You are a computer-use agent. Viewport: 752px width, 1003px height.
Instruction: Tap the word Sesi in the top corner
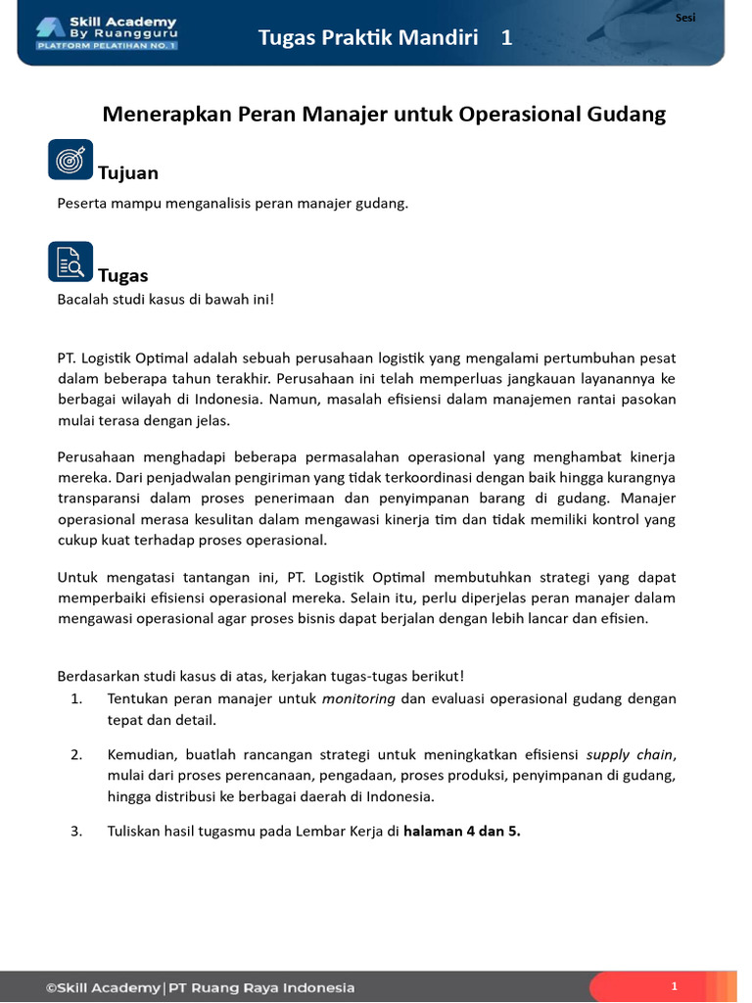pyautogui.click(x=685, y=18)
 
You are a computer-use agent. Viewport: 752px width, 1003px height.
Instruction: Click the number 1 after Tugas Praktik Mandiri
pyautogui.click(x=506, y=38)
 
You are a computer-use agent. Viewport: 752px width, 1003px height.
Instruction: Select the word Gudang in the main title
pyautogui.click(x=627, y=115)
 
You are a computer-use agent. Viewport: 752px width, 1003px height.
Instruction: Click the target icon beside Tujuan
pyautogui.click(x=70, y=159)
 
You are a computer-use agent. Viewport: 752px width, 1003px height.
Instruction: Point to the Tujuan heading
pyautogui.click(x=128, y=173)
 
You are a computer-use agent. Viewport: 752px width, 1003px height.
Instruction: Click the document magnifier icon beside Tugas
pyautogui.click(x=70, y=262)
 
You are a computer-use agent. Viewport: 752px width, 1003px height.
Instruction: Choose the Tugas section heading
pyautogui.click(x=123, y=276)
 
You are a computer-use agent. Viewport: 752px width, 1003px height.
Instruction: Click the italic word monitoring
pyautogui.click(x=358, y=698)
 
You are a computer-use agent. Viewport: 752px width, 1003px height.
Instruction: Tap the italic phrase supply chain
pyautogui.click(x=630, y=754)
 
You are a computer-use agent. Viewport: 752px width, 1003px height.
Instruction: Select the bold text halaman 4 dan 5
pyautogui.click(x=462, y=831)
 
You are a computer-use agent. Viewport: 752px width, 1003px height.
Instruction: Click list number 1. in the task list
pyautogui.click(x=76, y=698)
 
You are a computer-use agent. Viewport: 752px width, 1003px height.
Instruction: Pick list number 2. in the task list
pyautogui.click(x=76, y=754)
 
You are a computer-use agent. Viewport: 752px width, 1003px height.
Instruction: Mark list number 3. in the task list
pyautogui.click(x=76, y=831)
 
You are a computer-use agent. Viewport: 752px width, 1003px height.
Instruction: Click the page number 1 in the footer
pyautogui.click(x=675, y=986)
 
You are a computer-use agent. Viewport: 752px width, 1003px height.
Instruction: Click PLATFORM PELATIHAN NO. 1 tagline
pyautogui.click(x=107, y=45)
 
